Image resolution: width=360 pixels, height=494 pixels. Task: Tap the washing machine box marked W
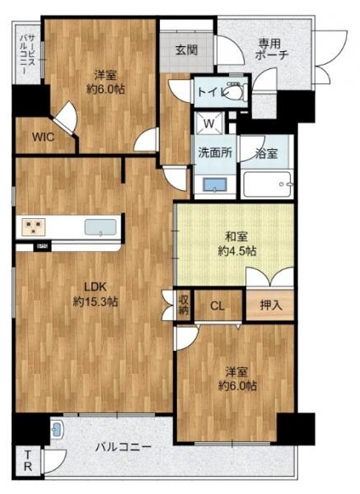208,123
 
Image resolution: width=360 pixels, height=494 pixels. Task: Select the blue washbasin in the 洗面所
215,184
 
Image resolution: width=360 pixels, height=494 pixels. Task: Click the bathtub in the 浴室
267,184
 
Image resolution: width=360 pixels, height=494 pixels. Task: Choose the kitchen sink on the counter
101,227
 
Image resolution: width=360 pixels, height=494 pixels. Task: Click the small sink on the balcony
57,430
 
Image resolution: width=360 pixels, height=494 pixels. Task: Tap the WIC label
43,137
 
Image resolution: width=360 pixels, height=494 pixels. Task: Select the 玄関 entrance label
187,49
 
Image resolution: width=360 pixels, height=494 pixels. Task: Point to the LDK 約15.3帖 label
96,294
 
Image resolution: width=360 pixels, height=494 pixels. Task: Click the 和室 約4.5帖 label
237,244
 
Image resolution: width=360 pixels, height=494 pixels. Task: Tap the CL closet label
217,305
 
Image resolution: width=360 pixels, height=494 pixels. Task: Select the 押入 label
271,305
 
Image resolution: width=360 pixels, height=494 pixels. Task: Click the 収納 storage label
184,305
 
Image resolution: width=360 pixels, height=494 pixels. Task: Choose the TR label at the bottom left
28,460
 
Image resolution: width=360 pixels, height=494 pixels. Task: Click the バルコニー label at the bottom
124,447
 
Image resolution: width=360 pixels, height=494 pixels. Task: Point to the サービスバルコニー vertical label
28,53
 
